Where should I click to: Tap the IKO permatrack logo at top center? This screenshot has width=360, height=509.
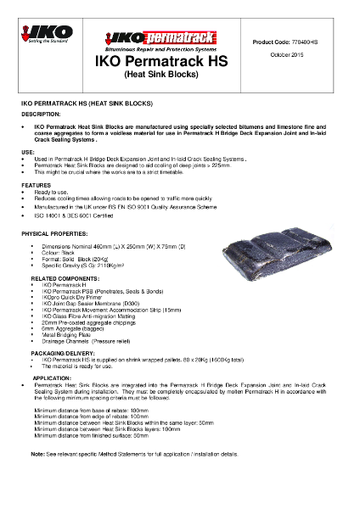149,40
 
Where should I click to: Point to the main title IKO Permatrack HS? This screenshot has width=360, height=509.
149,62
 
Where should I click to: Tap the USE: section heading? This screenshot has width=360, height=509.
28,151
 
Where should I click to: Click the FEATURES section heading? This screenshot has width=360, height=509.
37,184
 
